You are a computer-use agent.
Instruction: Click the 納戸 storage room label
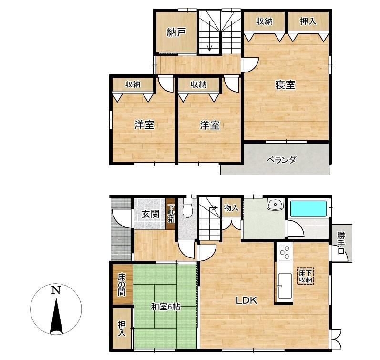click(x=176, y=32)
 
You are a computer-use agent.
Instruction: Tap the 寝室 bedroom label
click(x=285, y=84)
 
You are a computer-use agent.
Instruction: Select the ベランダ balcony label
click(x=281, y=160)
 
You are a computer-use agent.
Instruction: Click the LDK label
click(x=246, y=300)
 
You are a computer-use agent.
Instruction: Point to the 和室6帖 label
click(x=165, y=307)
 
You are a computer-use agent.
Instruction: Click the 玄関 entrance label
click(x=150, y=214)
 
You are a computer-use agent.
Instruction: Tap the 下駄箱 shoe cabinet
click(x=171, y=214)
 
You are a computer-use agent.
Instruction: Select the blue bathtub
click(x=308, y=208)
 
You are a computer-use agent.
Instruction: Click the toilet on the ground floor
click(x=187, y=208)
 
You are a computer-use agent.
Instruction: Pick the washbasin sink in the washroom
click(x=275, y=204)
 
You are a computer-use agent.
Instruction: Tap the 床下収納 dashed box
click(x=305, y=276)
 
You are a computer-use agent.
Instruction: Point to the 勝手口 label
click(x=341, y=243)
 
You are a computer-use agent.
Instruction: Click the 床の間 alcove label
click(x=122, y=284)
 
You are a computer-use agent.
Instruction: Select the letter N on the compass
click(x=56, y=290)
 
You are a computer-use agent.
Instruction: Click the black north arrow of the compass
click(x=56, y=316)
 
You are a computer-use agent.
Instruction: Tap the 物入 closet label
click(x=231, y=207)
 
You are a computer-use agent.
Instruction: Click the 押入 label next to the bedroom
click(x=308, y=21)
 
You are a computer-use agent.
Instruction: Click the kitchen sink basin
click(x=285, y=286)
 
